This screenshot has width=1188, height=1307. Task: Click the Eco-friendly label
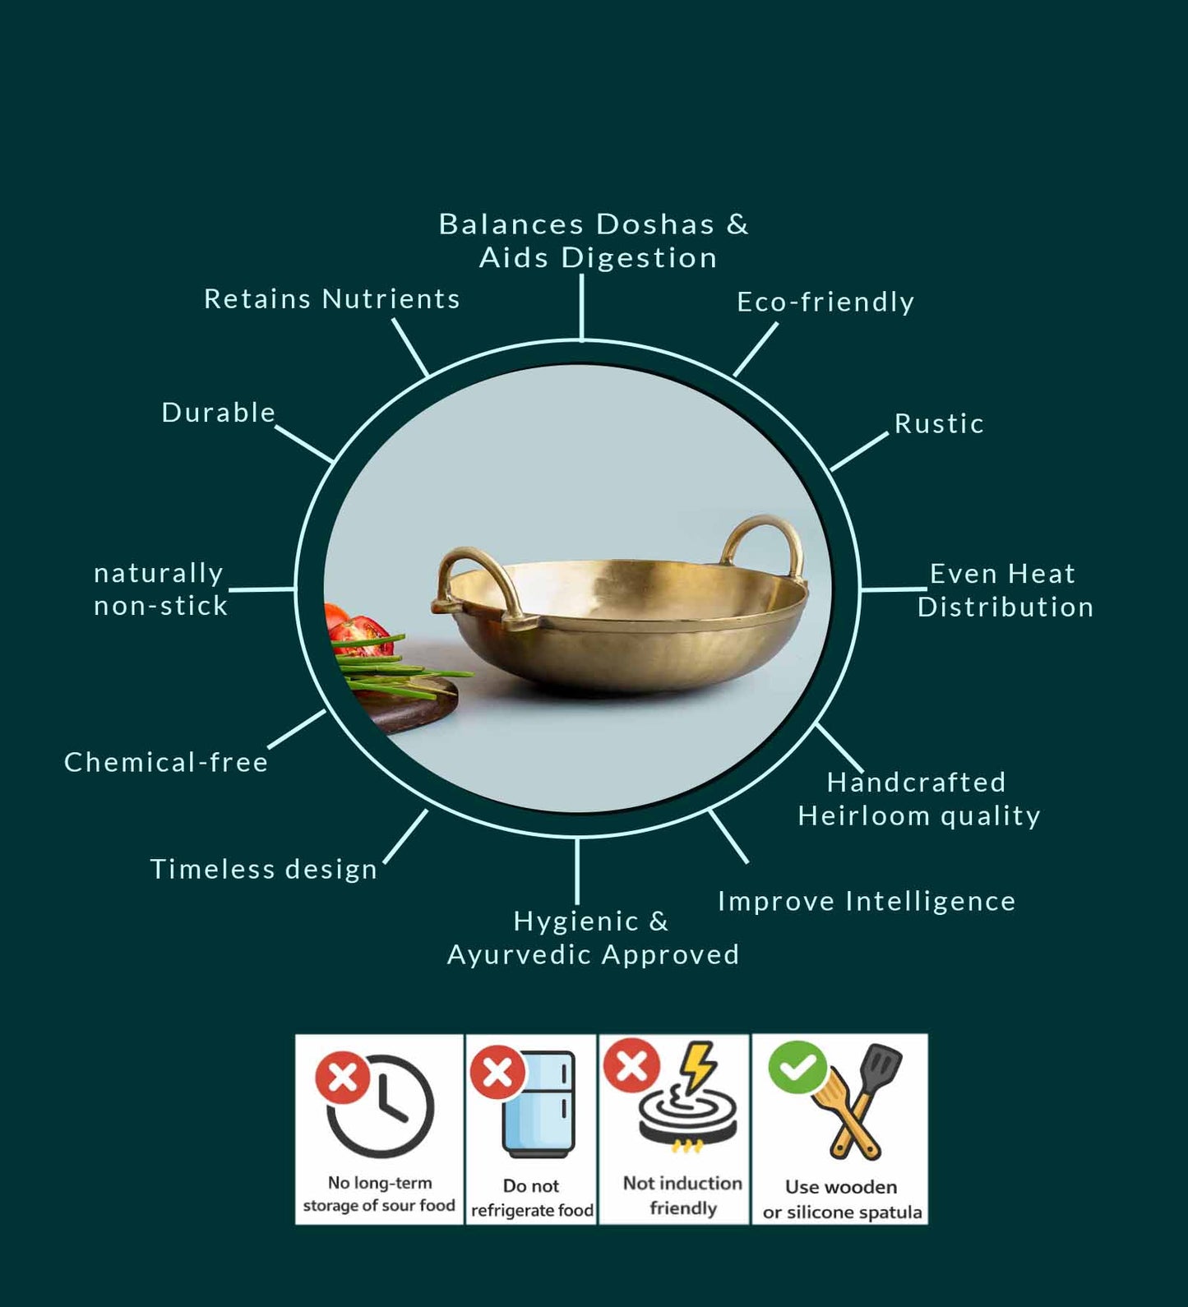pos(825,303)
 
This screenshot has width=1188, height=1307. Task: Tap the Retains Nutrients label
pos(331,299)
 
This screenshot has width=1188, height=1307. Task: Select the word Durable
pos(218,413)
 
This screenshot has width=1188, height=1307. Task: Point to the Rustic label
pos(939,424)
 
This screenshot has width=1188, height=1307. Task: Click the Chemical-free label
pos(166,763)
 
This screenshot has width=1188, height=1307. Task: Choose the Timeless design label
pos(263,870)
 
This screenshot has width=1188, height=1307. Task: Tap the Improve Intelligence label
pos(867,902)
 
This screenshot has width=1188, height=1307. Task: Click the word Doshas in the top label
pos(655,224)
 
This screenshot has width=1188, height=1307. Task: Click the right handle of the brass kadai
pos(765,543)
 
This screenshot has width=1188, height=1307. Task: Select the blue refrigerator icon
pos(539,1104)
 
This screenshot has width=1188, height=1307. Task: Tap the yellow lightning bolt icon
pos(699,1065)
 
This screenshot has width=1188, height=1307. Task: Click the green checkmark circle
pos(797,1067)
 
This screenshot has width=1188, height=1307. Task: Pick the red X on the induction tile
pos(631,1065)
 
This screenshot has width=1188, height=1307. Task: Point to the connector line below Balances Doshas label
pos(581,307)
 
